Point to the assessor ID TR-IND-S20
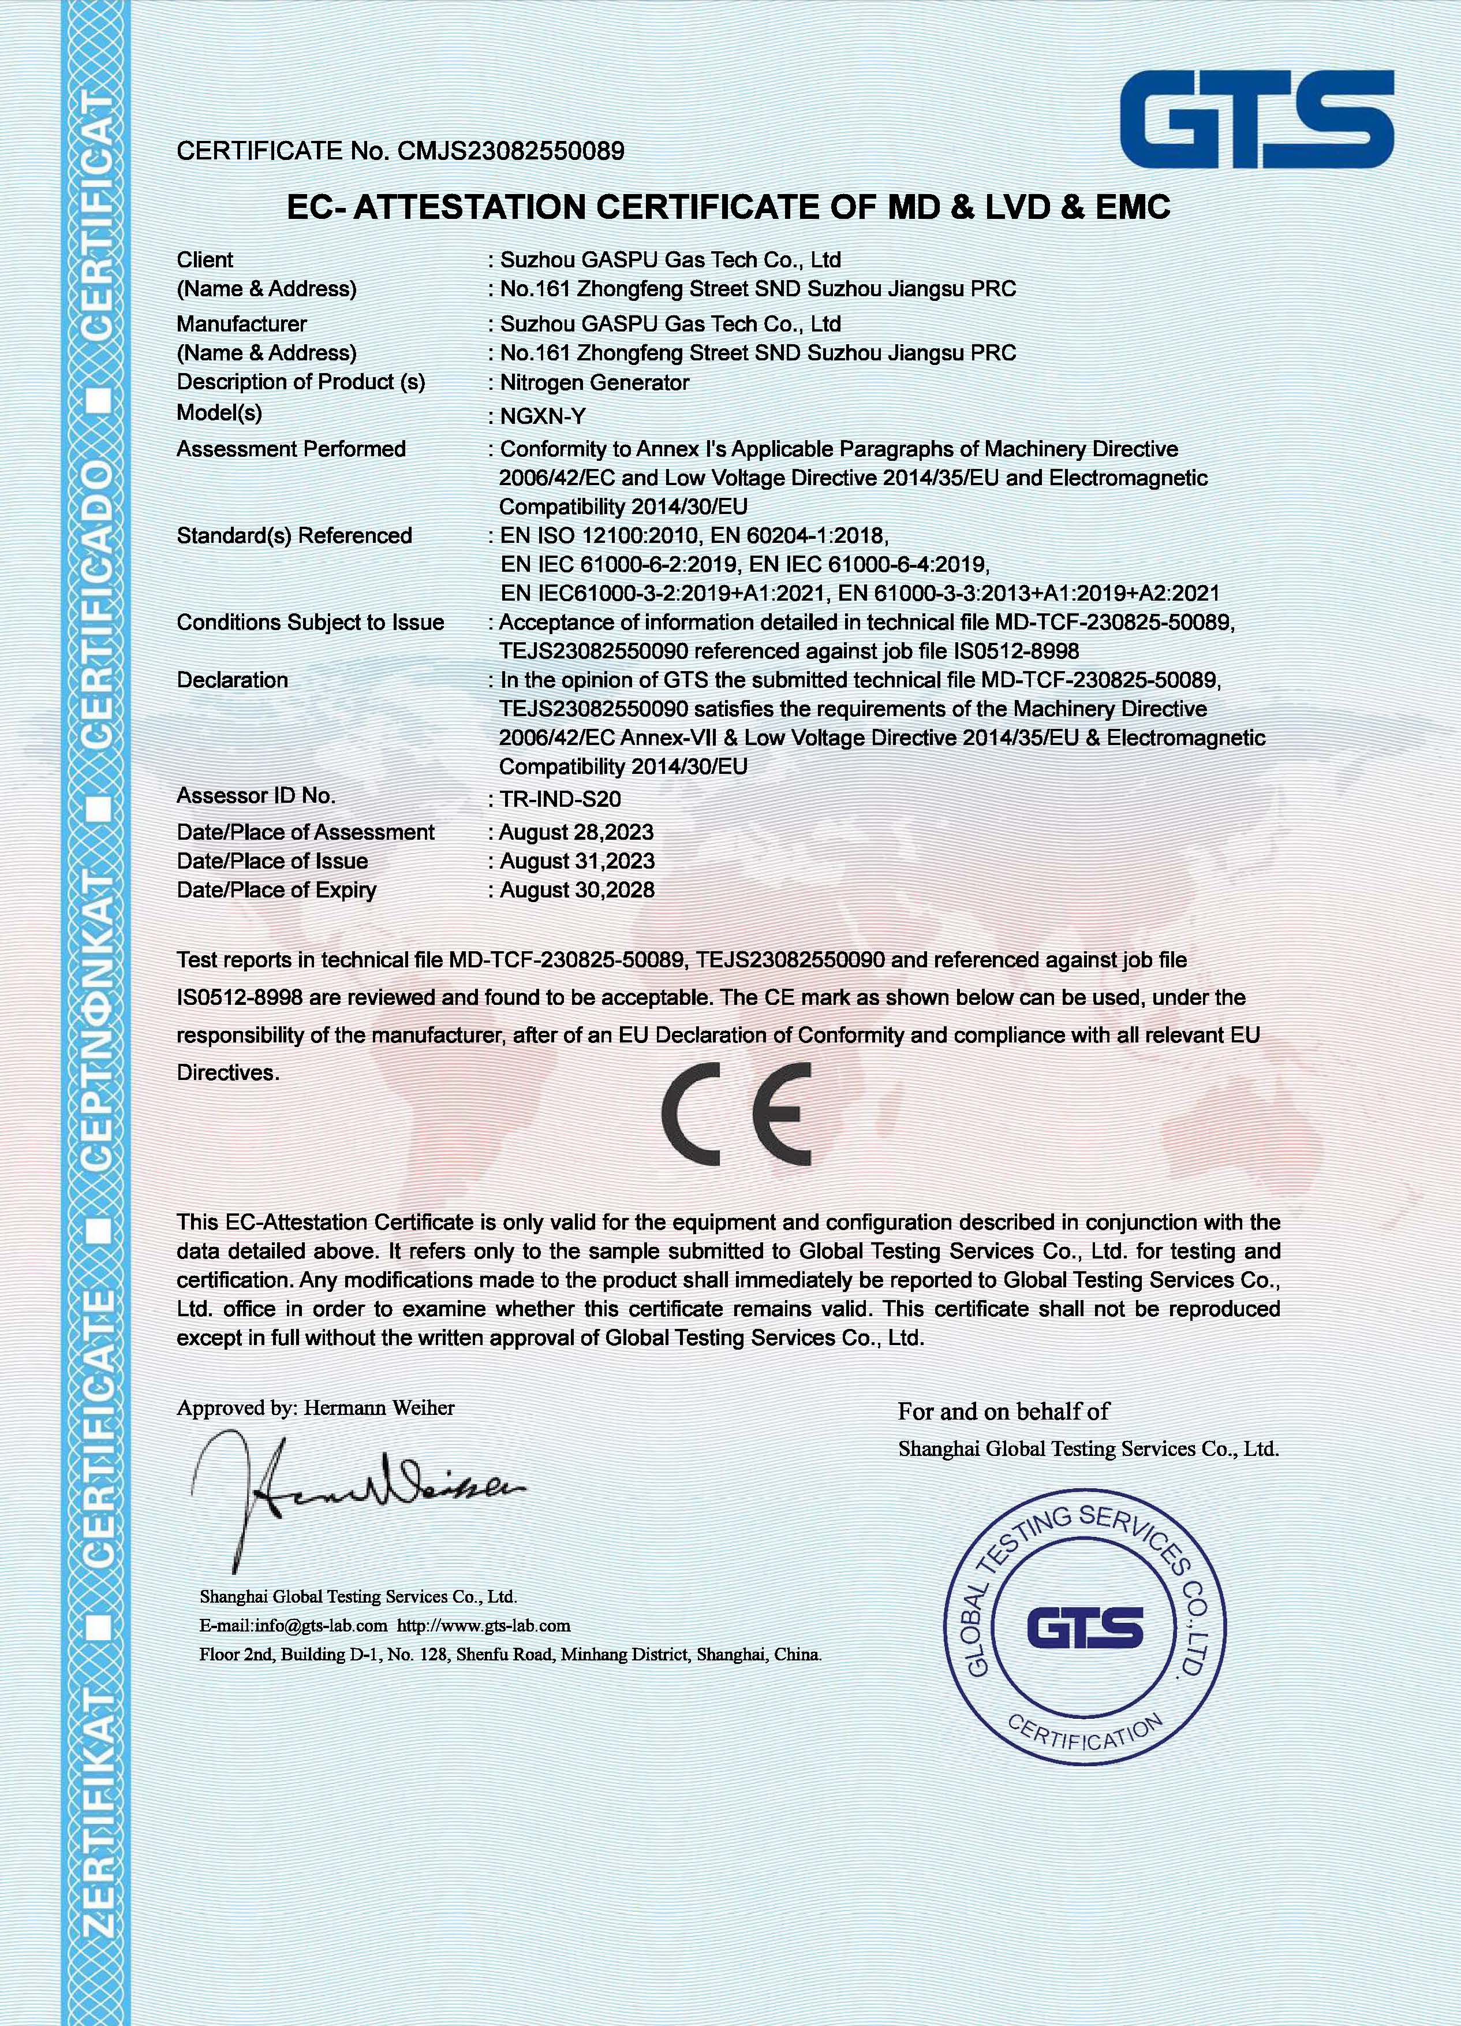point(560,799)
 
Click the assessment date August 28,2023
point(576,833)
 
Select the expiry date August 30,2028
point(577,890)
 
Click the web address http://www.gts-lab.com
point(483,1625)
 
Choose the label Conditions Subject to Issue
point(310,622)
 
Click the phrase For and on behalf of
point(1003,1412)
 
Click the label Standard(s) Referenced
point(294,536)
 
